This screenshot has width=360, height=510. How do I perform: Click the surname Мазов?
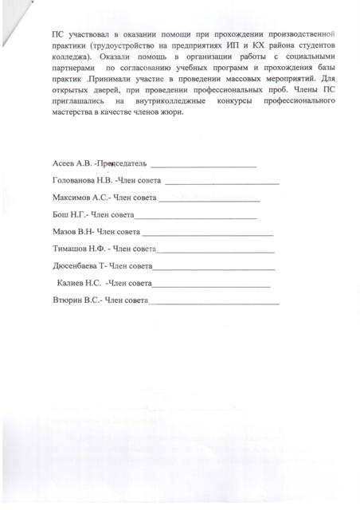tap(63, 233)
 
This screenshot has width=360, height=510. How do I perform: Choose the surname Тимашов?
tap(69, 250)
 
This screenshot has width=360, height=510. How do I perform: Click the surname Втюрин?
tap(66, 302)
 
